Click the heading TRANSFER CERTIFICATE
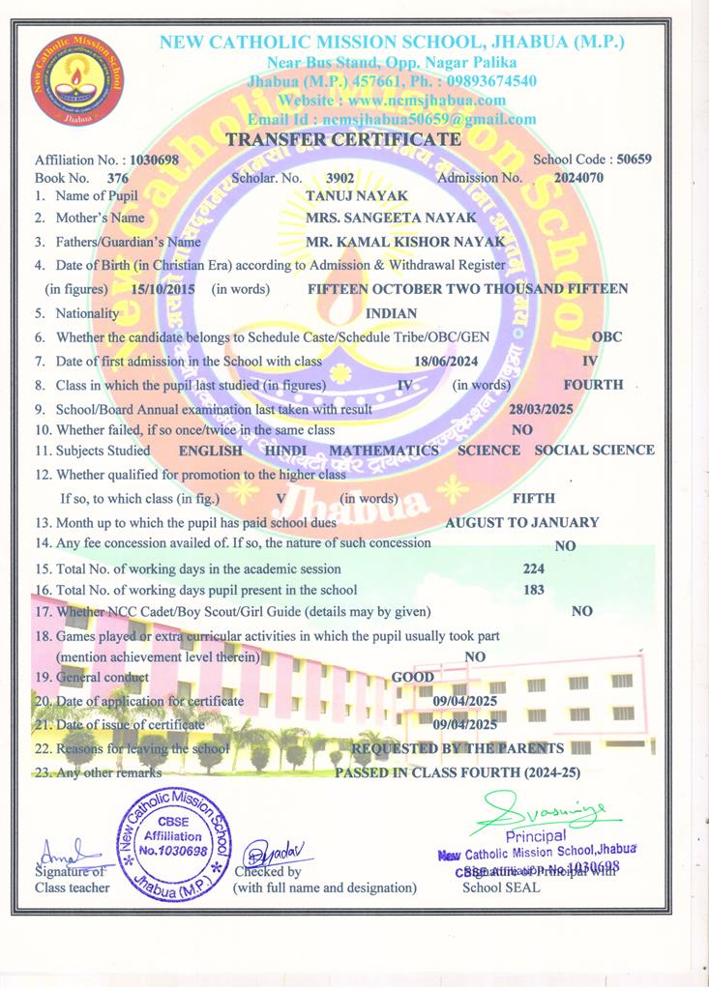342,140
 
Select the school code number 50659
634,159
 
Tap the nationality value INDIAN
391,313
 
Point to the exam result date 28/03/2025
542,409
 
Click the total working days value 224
533,568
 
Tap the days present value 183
533,590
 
